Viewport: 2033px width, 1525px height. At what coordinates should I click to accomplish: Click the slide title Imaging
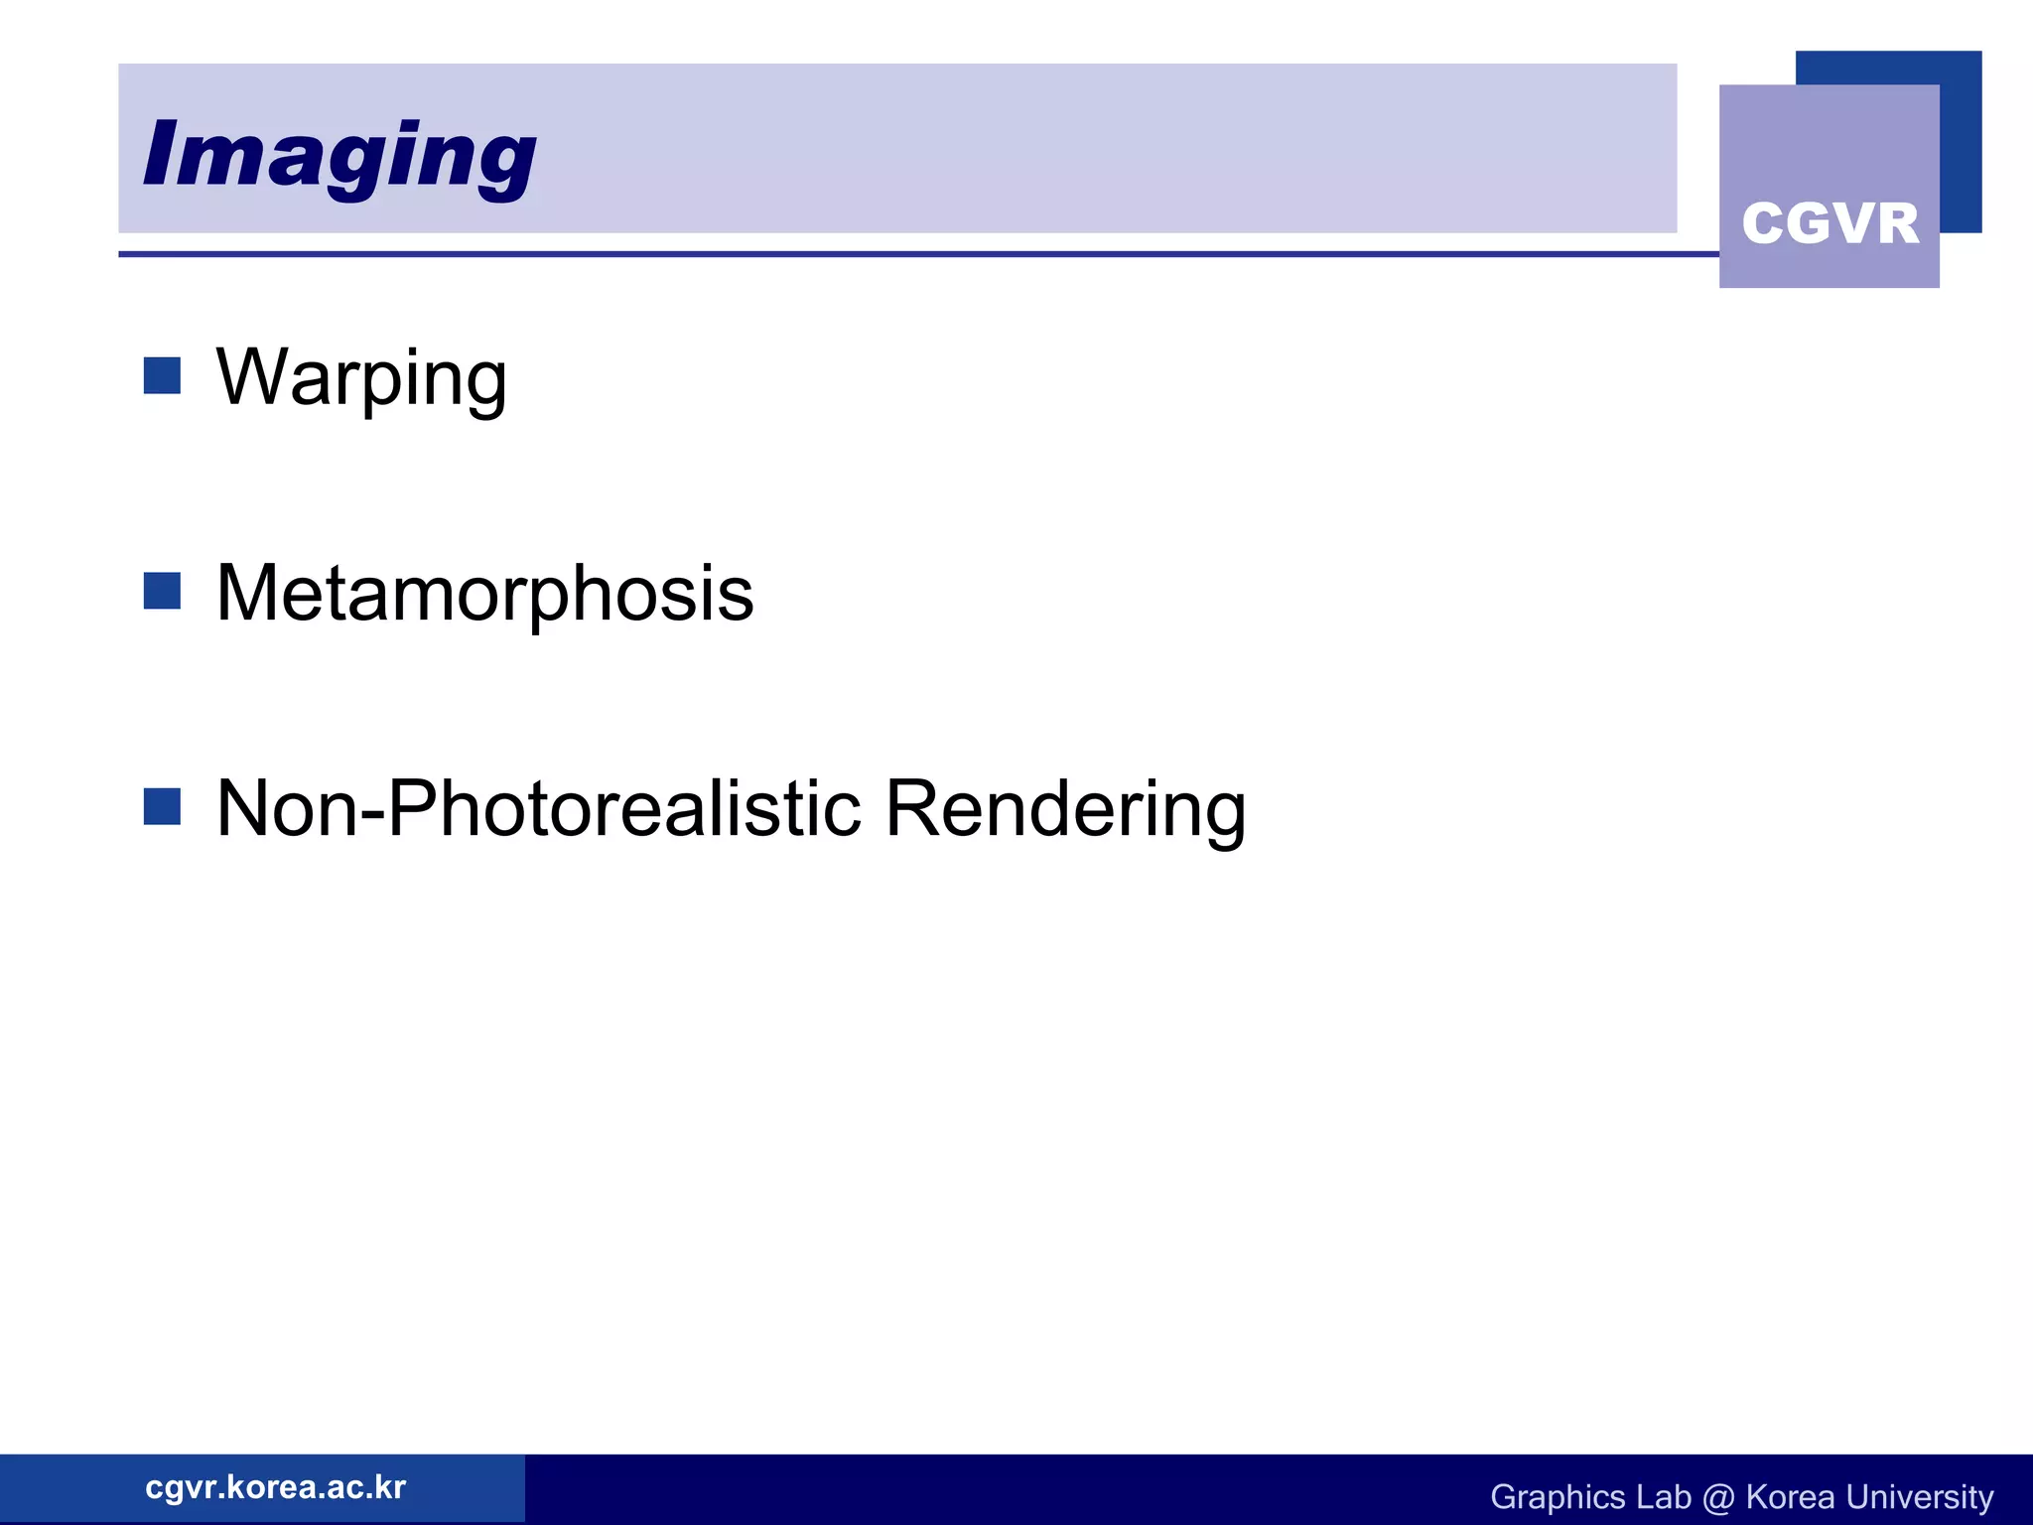pyautogui.click(x=339, y=155)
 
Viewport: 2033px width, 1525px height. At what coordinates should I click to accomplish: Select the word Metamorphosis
pyautogui.click(x=484, y=593)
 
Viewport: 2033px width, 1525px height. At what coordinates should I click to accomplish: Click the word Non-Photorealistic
pyautogui.click(x=538, y=808)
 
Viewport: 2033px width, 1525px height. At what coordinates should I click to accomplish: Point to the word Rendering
pyautogui.click(x=1064, y=810)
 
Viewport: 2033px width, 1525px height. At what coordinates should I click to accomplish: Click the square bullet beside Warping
pyautogui.click(x=162, y=376)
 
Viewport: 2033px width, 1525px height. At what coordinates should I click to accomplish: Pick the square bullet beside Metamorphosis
pyautogui.click(x=162, y=591)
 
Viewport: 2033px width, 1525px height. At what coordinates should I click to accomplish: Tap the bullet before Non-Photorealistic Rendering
pyautogui.click(x=162, y=806)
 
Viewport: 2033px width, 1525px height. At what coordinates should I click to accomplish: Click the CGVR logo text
pyautogui.click(x=1830, y=223)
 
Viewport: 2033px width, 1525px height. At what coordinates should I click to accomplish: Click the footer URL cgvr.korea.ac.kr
pyautogui.click(x=275, y=1487)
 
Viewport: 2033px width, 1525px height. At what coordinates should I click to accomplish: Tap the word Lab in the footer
pyautogui.click(x=1663, y=1497)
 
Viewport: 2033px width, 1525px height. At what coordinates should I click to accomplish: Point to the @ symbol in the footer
pyautogui.click(x=1718, y=1497)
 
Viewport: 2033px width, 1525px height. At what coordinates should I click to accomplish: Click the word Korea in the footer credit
pyautogui.click(x=1790, y=1497)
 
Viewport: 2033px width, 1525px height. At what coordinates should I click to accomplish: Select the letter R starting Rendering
pyautogui.click(x=912, y=808)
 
